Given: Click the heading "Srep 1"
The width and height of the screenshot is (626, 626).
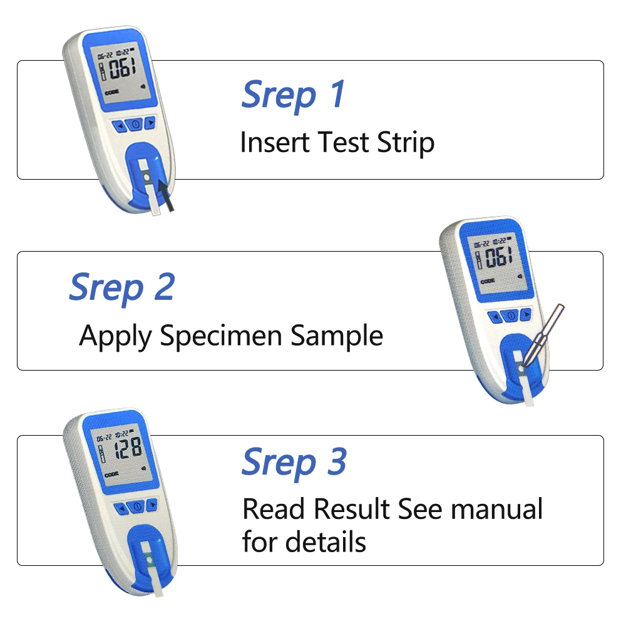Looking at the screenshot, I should tap(293, 94).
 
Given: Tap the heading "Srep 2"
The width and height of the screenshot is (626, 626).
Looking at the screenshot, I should tap(121, 287).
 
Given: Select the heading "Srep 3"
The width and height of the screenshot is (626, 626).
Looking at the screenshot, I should tap(294, 462).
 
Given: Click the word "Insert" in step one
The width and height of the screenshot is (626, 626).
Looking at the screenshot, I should tap(275, 143).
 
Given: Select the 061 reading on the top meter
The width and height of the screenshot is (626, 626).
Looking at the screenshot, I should tap(122, 68).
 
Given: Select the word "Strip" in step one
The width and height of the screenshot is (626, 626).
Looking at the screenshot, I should tap(406, 143).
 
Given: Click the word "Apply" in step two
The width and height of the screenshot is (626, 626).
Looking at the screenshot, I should tap(115, 337).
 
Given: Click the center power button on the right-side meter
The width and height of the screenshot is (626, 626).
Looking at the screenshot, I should tap(511, 316).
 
